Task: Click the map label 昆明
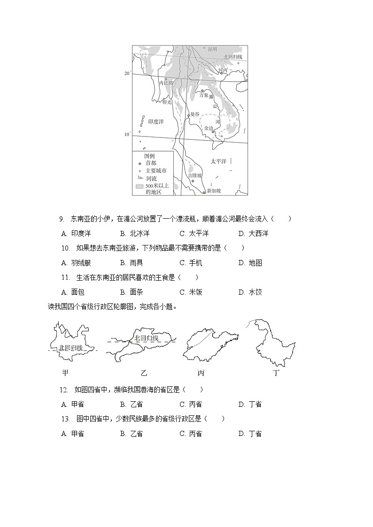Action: point(212,49)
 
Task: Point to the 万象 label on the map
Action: point(203,95)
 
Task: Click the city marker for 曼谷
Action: point(188,115)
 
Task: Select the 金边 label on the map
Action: point(209,128)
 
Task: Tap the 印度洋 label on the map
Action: point(155,122)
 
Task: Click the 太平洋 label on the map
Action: point(218,161)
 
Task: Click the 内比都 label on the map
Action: point(166,83)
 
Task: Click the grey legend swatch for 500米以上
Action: point(140,186)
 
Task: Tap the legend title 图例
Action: point(149,156)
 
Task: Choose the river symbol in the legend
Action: point(140,178)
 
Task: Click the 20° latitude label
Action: point(127,74)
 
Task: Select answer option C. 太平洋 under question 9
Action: point(194,233)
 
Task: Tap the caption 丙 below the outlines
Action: point(201,373)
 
